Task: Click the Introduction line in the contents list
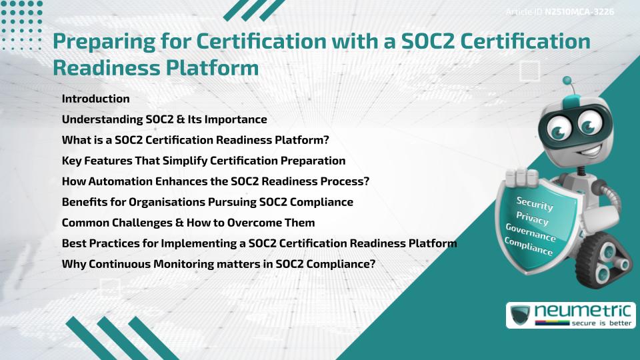(x=95, y=99)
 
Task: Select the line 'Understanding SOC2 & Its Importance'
(x=164, y=119)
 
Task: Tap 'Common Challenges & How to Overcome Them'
(x=188, y=222)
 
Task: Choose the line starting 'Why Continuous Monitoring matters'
(x=219, y=263)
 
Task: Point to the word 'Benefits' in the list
(x=83, y=201)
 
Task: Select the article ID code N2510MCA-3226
(x=579, y=12)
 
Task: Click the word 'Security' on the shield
(x=535, y=203)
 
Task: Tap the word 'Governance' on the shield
(x=531, y=233)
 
